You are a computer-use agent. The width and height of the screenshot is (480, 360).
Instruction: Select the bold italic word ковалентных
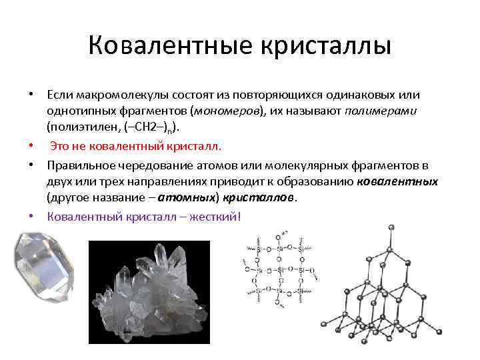pos(398,181)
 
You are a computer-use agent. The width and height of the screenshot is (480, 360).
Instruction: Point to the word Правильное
pos(78,165)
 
